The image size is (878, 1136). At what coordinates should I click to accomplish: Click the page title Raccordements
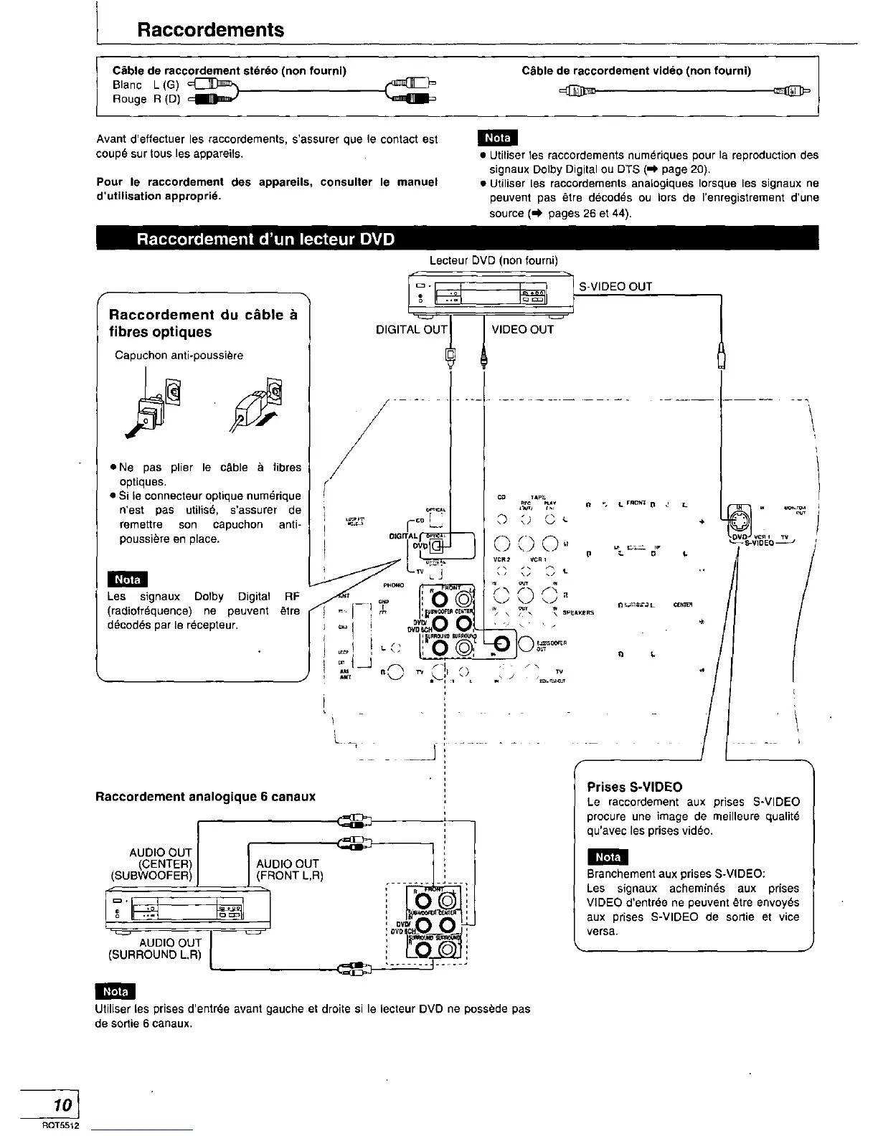point(210,30)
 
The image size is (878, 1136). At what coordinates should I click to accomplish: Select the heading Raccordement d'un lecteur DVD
point(265,239)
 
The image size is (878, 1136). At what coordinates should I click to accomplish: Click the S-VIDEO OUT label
point(615,287)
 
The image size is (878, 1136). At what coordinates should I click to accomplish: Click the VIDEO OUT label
point(522,329)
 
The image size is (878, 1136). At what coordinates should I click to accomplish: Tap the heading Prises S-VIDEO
point(634,787)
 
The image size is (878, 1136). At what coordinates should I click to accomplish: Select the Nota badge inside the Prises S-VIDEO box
point(607,857)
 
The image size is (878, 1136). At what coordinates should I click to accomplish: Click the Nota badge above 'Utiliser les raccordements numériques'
point(497,138)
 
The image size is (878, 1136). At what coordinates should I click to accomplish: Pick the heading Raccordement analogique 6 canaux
point(205,797)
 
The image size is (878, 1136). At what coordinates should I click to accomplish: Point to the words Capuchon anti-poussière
point(179,356)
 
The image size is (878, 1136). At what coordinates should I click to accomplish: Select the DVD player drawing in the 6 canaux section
point(188,909)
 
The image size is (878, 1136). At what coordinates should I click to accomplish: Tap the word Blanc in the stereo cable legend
point(127,85)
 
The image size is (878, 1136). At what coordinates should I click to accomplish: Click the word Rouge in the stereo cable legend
point(129,99)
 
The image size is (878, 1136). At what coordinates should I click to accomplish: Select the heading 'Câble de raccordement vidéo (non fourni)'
point(636,70)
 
